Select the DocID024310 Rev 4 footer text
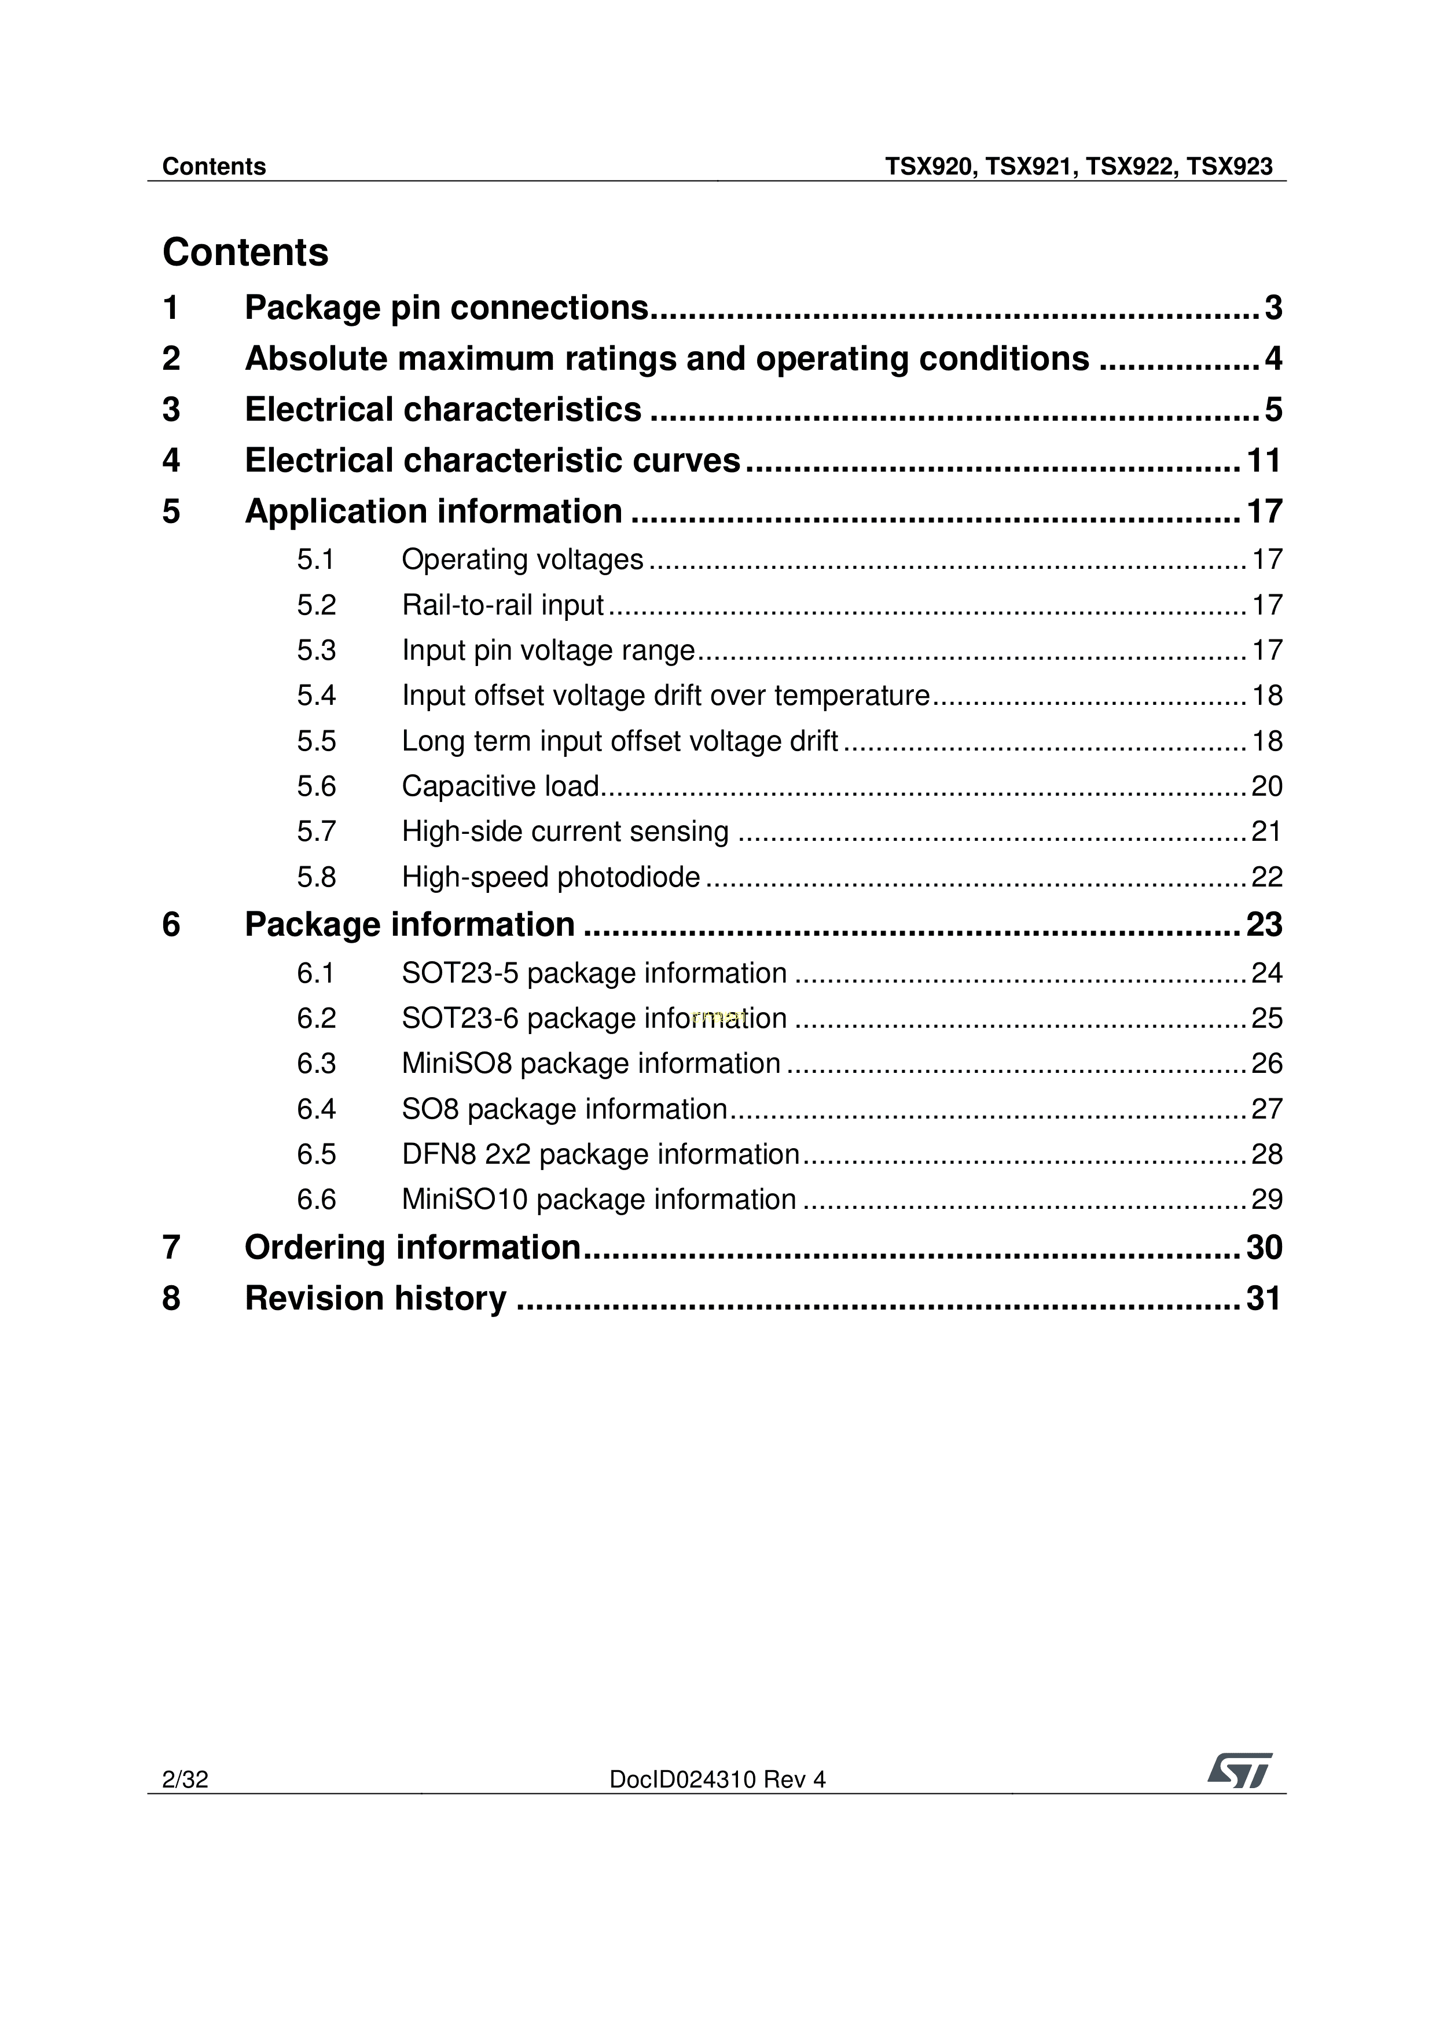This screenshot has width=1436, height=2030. [717, 1780]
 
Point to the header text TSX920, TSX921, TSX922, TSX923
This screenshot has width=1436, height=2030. [1079, 167]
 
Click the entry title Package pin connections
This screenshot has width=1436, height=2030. [446, 308]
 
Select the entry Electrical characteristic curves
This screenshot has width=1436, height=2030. [493, 461]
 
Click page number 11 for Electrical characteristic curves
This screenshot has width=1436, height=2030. [1264, 461]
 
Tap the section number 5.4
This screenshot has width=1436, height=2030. [317, 696]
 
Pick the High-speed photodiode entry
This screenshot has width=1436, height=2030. [551, 877]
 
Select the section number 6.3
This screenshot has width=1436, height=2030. [317, 1064]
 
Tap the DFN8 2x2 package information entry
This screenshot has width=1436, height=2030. [600, 1154]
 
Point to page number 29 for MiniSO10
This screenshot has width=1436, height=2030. [1266, 1200]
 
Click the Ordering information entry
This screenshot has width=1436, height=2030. [412, 1248]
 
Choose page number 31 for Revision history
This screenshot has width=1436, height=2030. [1264, 1299]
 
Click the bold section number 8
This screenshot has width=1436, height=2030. [171, 1299]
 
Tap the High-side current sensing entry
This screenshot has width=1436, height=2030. [565, 832]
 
